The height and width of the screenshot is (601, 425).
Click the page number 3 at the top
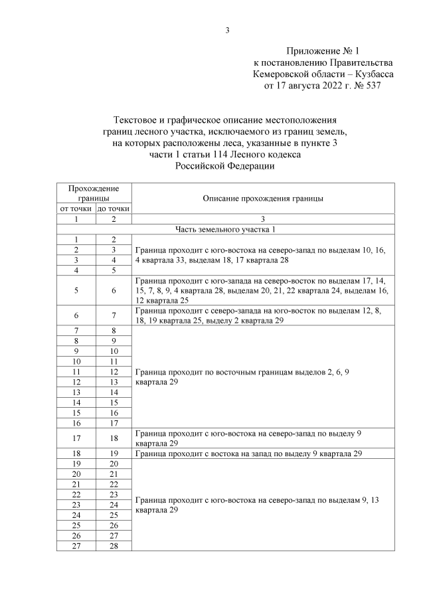pos(227,30)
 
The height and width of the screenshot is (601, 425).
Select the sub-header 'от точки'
pos(76,209)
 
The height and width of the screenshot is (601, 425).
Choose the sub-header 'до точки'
pos(114,209)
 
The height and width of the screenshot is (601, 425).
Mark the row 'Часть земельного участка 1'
pos(225,229)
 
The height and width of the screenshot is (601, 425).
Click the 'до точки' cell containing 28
pos(114,545)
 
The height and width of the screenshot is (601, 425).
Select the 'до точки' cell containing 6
pos(114,290)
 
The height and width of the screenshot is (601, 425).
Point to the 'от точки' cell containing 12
pos(76,382)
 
